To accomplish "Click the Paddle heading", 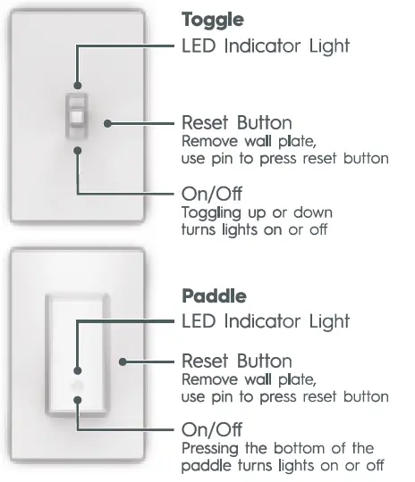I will click(x=214, y=295).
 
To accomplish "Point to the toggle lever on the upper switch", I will click(x=78, y=116).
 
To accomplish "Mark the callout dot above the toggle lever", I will click(x=78, y=84).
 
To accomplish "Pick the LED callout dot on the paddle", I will click(x=78, y=370).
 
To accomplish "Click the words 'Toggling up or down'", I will click(x=257, y=213).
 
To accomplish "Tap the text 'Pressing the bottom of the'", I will click(x=277, y=447).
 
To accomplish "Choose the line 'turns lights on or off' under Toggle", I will click(x=257, y=230).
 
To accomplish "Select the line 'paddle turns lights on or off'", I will click(x=283, y=464).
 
